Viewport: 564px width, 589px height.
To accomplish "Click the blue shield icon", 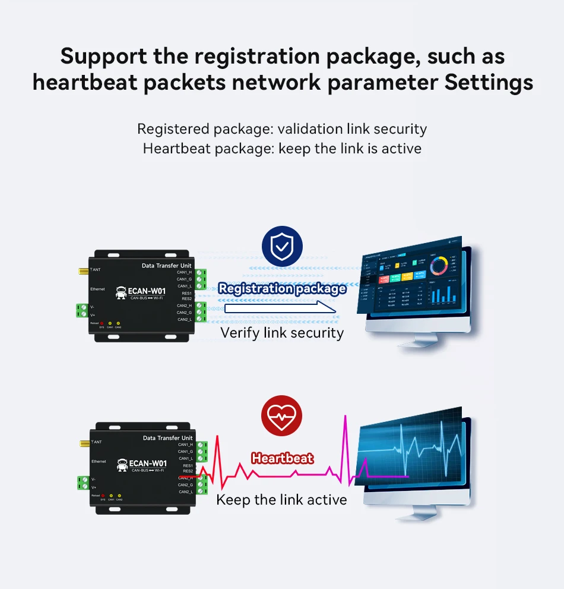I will [x=282, y=245].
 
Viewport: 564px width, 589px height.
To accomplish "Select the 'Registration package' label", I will [x=282, y=289].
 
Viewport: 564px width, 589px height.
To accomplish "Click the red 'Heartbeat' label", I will [x=282, y=458].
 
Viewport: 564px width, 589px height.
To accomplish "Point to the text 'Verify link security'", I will [x=282, y=332].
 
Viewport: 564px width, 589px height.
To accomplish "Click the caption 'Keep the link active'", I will [x=281, y=500].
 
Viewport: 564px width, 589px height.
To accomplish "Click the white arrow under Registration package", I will [x=279, y=307].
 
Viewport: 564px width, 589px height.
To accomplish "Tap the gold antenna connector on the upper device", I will [x=81, y=270].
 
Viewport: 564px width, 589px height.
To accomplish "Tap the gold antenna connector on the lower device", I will [x=82, y=443].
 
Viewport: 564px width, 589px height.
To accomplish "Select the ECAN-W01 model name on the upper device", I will [x=147, y=291].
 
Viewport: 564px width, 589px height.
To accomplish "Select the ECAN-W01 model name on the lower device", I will [x=147, y=464].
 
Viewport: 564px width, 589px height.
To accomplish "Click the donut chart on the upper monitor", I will [x=439, y=266].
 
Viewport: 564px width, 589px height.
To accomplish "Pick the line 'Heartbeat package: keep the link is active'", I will [x=282, y=148].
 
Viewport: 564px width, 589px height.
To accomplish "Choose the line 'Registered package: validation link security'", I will [x=282, y=129].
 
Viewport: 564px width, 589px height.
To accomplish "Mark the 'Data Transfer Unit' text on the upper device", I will [x=167, y=265].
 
